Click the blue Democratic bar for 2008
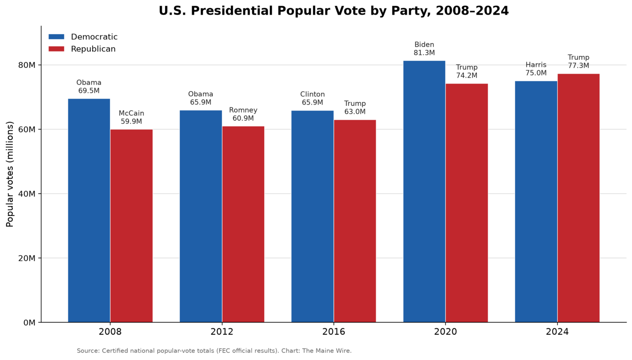tap(89, 211)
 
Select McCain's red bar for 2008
tap(132, 226)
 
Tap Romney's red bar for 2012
tap(243, 224)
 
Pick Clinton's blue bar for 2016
tap(312, 216)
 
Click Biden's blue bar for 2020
tap(424, 192)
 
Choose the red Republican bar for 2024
tap(579, 198)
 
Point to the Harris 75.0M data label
tap(536, 69)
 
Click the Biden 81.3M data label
tap(424, 49)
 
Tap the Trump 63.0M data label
tap(355, 107)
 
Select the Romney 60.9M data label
tap(243, 114)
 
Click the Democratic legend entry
tap(83, 37)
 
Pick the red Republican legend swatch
tap(56, 49)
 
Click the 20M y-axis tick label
tap(27, 258)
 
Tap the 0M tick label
tap(29, 323)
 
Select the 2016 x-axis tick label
tap(334, 332)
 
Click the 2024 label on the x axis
tap(557, 332)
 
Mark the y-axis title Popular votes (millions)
tap(9, 174)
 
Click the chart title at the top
tap(334, 11)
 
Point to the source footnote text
tap(214, 351)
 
